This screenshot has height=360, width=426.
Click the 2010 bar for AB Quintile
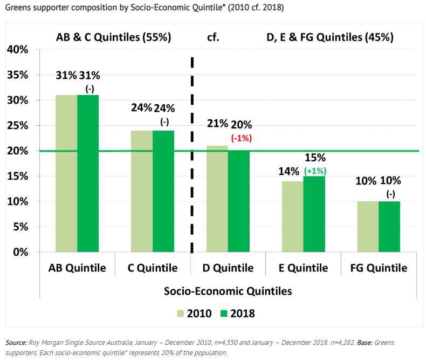pos(66,173)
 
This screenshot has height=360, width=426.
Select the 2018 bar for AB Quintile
pos(88,173)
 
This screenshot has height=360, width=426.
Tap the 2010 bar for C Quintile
pos(142,191)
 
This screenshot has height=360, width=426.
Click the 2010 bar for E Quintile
pos(292,216)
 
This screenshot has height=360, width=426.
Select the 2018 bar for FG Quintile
pos(389,227)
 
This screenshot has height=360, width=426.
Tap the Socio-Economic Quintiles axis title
pos(228,291)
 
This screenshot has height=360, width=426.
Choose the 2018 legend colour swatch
pos(223,314)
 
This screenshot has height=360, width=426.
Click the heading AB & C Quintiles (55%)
pos(113,38)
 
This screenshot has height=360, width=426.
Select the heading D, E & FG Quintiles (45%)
pos(330,38)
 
